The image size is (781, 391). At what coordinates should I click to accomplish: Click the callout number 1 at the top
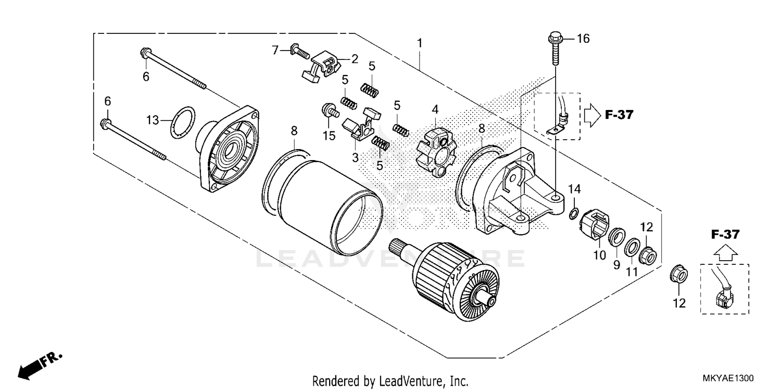(419, 43)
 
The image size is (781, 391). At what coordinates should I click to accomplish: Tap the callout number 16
(583, 39)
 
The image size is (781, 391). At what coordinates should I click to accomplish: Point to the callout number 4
(435, 109)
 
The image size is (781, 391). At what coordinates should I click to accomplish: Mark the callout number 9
(616, 265)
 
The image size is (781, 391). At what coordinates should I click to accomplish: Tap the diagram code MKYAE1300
(727, 378)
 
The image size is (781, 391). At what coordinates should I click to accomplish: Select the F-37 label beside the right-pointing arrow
(619, 115)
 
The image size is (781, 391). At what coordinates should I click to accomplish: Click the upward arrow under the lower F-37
(725, 253)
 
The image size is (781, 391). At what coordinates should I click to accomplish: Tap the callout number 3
(356, 157)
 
